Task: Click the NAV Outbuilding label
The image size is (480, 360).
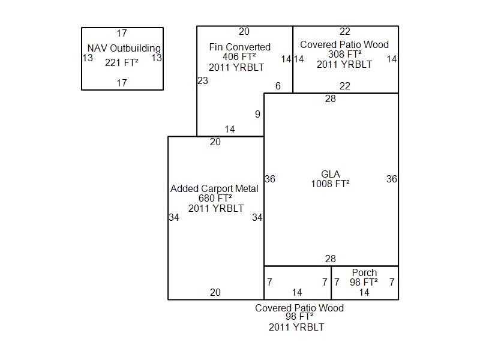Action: [124, 48]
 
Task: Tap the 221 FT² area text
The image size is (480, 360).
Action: [122, 62]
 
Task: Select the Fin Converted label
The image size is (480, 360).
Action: [240, 47]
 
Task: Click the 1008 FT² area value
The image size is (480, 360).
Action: [330, 184]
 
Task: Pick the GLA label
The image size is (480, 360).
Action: [331, 175]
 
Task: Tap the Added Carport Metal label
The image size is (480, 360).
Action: [214, 188]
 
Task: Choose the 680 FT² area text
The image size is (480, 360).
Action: [215, 199]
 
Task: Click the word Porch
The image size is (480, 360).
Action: [364, 272]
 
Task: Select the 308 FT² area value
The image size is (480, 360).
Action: [344, 55]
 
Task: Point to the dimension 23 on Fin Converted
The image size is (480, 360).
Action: [203, 80]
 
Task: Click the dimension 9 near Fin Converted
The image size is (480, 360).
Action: [258, 114]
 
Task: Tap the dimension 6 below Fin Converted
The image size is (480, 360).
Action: [278, 86]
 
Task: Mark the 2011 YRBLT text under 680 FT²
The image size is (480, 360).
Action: [216, 208]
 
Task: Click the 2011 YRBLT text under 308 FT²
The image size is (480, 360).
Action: [344, 65]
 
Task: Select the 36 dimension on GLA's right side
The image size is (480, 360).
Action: [391, 179]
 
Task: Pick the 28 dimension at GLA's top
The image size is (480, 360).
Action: [331, 99]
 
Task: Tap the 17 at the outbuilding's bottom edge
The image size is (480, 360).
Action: [122, 83]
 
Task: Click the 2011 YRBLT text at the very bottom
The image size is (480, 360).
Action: [296, 328]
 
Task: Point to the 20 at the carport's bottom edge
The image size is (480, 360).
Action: [215, 293]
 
